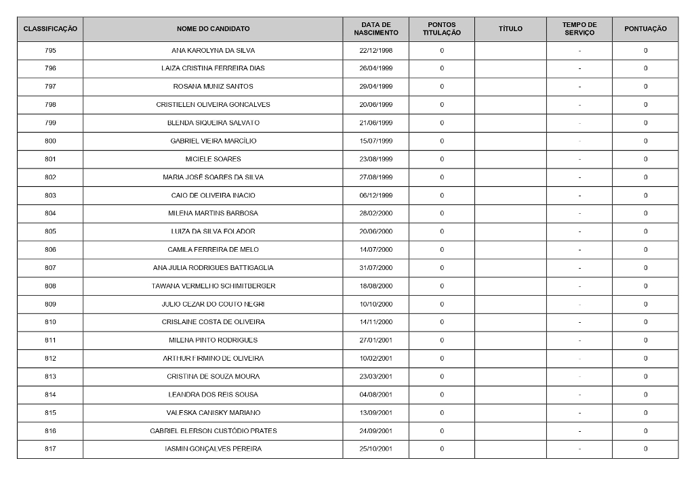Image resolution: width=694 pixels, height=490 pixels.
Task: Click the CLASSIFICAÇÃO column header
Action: point(50,29)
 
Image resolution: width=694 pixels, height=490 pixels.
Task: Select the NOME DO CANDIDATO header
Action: point(213,29)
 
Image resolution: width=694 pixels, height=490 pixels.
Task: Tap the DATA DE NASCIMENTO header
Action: point(375,29)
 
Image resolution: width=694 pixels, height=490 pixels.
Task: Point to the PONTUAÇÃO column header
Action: point(645,29)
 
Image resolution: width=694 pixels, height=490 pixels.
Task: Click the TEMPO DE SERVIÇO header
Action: point(579,29)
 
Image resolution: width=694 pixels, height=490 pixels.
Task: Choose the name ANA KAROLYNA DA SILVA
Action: point(213,51)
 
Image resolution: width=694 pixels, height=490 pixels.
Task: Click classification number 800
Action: point(50,141)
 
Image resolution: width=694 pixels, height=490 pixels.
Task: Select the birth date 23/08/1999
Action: point(375,159)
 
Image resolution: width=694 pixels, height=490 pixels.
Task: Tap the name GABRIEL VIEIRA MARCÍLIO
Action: point(213,141)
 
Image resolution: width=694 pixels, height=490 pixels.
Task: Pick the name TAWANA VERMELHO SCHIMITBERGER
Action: point(213,286)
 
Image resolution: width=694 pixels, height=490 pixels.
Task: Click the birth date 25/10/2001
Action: point(375,449)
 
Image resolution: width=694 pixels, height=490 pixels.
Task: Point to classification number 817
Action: point(50,449)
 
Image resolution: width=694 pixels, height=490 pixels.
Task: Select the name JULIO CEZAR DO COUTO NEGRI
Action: point(213,305)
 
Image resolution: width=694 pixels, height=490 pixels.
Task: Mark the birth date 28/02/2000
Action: point(375,213)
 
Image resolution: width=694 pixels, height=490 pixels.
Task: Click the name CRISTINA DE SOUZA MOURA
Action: point(213,376)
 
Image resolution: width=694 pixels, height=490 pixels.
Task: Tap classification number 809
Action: point(50,305)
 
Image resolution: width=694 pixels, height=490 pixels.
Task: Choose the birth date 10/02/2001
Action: point(375,359)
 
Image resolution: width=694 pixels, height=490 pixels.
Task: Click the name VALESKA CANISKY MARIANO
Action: point(213,413)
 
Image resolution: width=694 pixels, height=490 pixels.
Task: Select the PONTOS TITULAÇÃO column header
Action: point(442,29)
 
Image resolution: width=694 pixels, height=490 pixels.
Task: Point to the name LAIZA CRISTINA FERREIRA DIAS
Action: point(213,68)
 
